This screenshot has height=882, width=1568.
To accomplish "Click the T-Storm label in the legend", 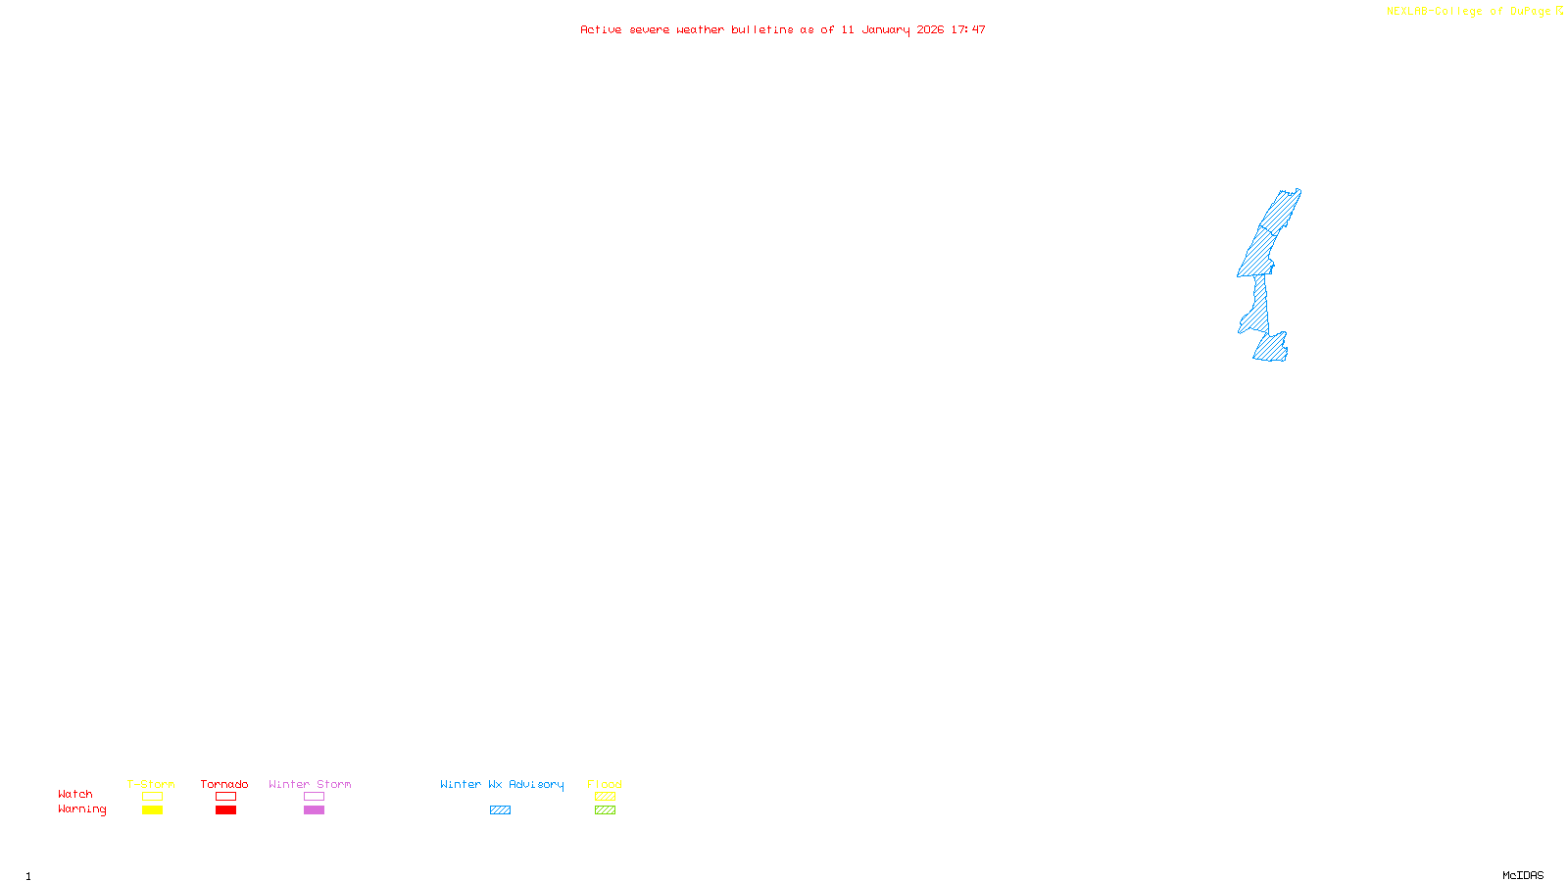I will click(x=151, y=784).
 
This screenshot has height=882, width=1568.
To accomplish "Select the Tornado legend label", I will click(x=224, y=784).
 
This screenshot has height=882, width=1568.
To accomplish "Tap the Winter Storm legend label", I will click(x=310, y=784).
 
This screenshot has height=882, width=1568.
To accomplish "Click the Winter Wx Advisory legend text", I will click(x=502, y=784).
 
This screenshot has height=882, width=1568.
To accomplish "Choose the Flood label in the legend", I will click(x=605, y=784).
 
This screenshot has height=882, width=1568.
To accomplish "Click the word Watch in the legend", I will click(x=75, y=794).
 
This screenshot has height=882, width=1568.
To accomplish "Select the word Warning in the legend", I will click(x=81, y=809).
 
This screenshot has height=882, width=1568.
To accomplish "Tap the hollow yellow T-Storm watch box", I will click(x=152, y=797).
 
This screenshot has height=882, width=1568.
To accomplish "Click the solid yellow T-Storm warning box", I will click(x=152, y=810).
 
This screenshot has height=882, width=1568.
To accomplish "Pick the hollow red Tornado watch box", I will click(x=225, y=797).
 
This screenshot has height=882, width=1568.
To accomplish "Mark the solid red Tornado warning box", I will click(x=225, y=810).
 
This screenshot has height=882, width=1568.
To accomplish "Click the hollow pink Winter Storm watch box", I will click(x=314, y=797).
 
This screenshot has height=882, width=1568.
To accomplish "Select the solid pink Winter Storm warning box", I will click(x=314, y=810).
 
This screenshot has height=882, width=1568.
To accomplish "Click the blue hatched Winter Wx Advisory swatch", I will click(x=500, y=810).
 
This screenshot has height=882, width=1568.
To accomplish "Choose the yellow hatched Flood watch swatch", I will click(x=605, y=797).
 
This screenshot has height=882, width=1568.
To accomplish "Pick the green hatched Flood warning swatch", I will click(x=605, y=810).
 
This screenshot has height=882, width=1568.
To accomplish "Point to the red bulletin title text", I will click(x=782, y=29).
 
